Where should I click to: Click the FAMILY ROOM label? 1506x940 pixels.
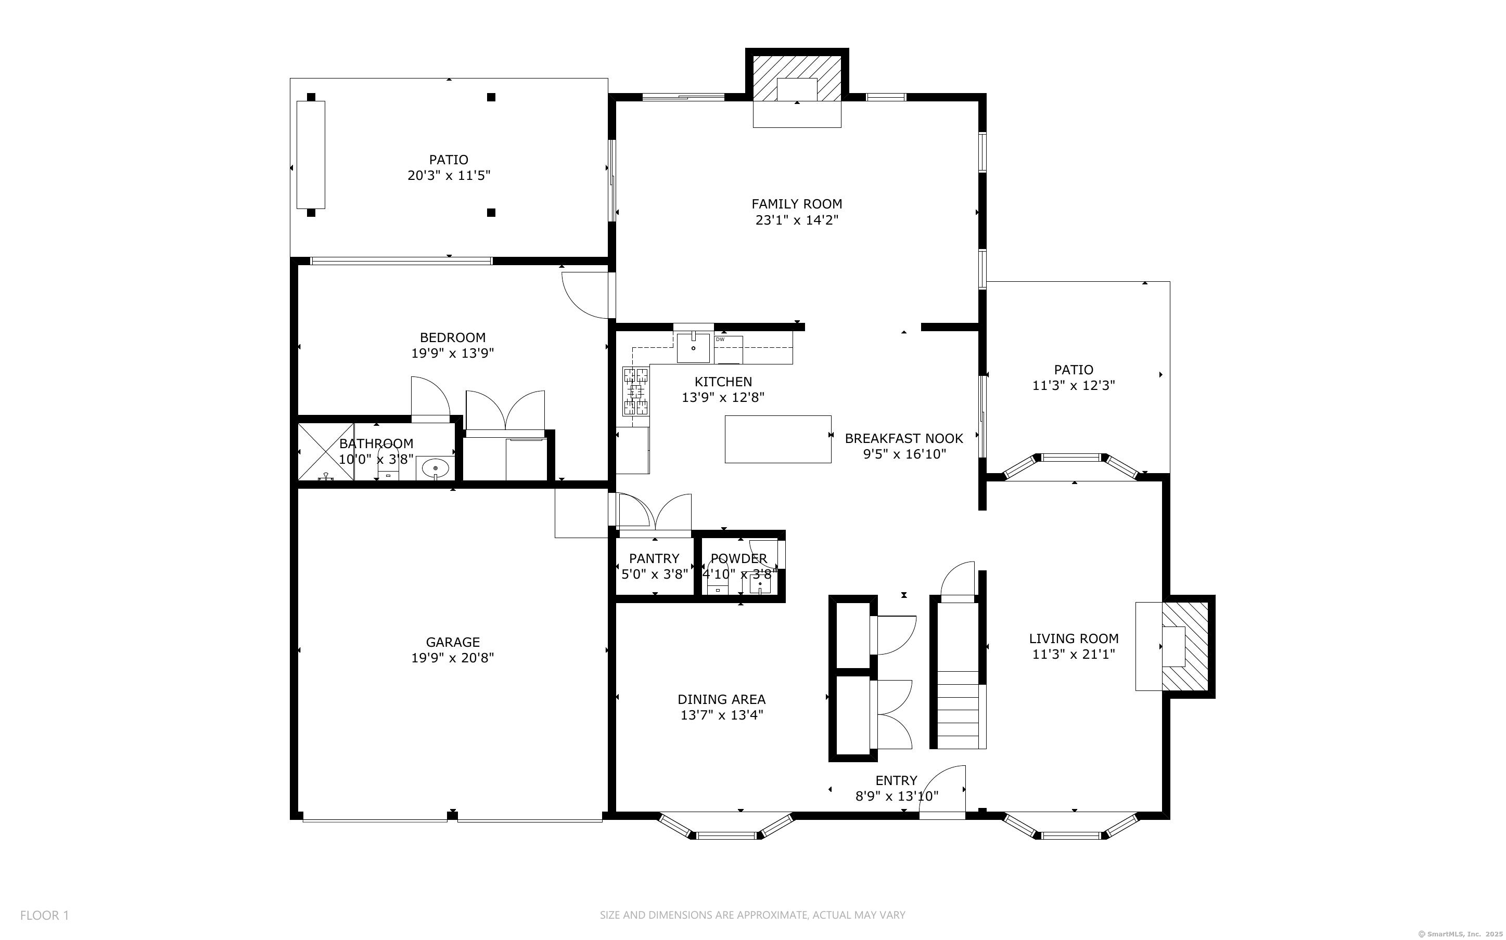click(x=797, y=204)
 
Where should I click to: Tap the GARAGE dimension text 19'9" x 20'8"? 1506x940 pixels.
click(x=452, y=658)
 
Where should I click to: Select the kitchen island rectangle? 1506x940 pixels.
click(x=778, y=439)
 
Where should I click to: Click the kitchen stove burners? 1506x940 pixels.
click(x=636, y=391)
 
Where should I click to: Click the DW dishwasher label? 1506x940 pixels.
click(x=720, y=340)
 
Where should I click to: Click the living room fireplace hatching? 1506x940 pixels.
click(x=1185, y=647)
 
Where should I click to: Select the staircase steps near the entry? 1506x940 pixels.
click(x=962, y=716)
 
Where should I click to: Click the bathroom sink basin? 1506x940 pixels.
click(x=435, y=467)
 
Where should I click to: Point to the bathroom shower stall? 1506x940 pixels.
click(x=326, y=452)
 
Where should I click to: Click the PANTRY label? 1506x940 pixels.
click(x=654, y=558)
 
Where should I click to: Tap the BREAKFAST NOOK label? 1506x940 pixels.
click(x=904, y=438)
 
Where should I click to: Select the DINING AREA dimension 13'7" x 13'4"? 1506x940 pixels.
click(x=722, y=715)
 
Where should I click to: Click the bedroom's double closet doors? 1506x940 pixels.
click(x=505, y=410)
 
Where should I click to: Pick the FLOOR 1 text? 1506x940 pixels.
click(x=45, y=915)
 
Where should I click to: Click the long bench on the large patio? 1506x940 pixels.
click(x=310, y=154)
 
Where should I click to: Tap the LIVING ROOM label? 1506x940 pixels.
click(x=1074, y=638)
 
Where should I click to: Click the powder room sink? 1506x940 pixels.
click(x=760, y=585)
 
